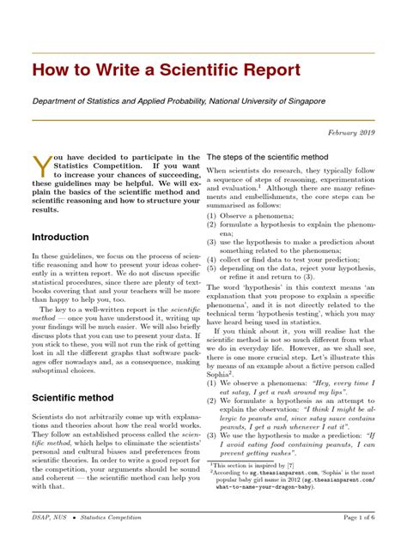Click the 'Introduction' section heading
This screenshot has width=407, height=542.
(x=60, y=237)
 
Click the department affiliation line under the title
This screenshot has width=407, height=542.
(x=179, y=101)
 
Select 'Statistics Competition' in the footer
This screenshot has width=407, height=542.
(x=121, y=519)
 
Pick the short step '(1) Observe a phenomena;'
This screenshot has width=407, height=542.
(x=257, y=216)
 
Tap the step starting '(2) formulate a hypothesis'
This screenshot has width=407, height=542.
(x=292, y=227)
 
